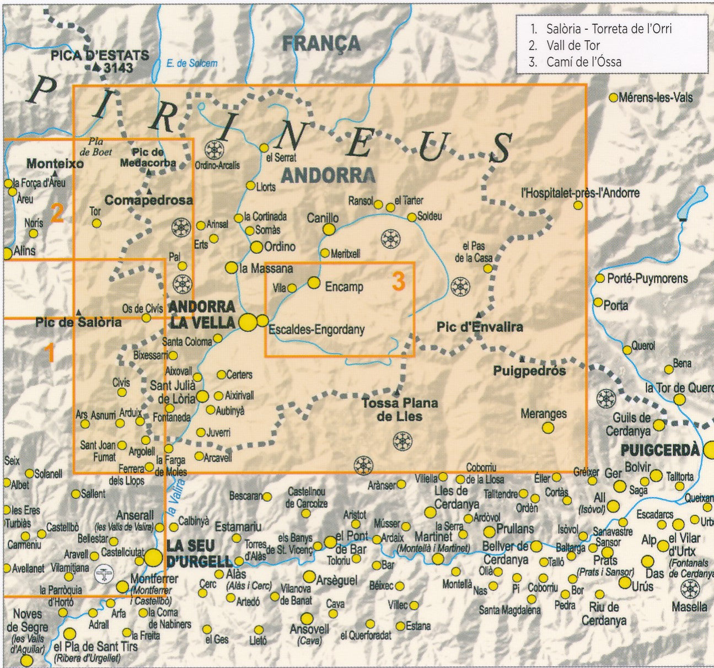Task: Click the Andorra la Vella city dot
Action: (248, 322)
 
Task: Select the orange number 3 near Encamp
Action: (398, 281)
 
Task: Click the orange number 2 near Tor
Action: (57, 213)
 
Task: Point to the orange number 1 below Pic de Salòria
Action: (49, 353)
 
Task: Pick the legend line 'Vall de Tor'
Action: (572, 45)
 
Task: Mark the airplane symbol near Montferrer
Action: (103, 574)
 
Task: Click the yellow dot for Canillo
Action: (329, 229)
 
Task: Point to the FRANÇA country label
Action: (321, 43)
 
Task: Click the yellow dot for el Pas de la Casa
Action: (488, 268)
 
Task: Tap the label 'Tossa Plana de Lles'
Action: (400, 410)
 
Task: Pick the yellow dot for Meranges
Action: (547, 428)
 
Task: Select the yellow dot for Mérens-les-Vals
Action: (613, 98)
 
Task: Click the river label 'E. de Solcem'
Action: (191, 63)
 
